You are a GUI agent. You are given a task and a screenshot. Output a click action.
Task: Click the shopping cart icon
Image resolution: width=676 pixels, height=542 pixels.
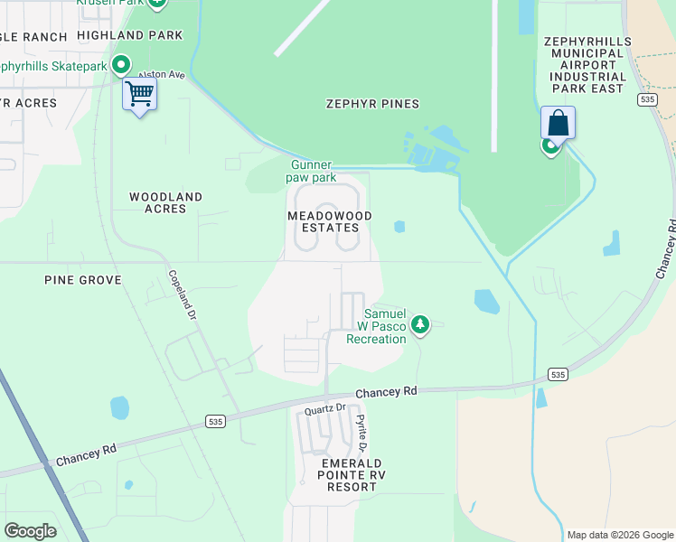click(x=139, y=94)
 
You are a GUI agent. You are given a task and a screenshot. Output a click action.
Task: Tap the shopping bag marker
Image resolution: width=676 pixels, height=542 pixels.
click(x=558, y=124)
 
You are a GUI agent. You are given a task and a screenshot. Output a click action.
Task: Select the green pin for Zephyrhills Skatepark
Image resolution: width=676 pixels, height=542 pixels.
click(x=120, y=65)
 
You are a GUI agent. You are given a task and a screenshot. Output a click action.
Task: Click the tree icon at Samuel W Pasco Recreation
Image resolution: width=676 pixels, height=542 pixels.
click(x=419, y=323)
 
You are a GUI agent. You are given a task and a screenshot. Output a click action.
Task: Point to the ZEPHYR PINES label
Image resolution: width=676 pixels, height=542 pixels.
click(x=372, y=104)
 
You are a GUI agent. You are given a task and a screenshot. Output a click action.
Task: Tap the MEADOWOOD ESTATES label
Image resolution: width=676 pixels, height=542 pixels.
click(x=323, y=221)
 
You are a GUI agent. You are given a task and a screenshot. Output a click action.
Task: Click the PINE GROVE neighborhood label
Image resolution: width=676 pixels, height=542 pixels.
click(x=82, y=280)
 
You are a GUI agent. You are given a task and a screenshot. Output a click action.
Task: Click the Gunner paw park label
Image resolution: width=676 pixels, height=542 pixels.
click(x=313, y=171)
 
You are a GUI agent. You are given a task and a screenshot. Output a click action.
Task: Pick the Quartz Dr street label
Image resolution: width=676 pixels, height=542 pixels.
click(x=325, y=408)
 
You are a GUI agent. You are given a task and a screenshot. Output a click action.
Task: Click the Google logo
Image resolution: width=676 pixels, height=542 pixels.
click(x=30, y=530)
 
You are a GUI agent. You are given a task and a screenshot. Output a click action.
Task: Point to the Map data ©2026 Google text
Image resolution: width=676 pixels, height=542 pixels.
click(x=619, y=535)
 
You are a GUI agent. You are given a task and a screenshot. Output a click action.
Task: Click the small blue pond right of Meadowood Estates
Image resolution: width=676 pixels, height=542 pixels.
click(x=399, y=227)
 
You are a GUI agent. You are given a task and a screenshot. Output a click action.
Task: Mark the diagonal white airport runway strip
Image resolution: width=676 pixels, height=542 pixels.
click(x=302, y=27)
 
